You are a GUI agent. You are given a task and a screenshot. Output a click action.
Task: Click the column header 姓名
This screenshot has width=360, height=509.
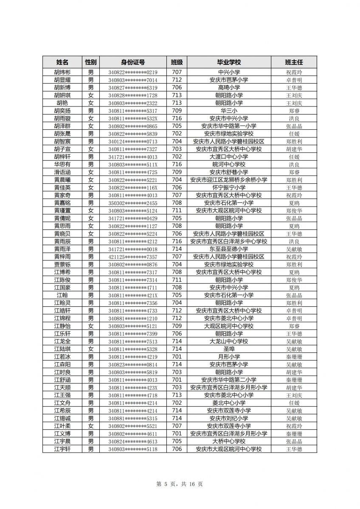click(62, 62)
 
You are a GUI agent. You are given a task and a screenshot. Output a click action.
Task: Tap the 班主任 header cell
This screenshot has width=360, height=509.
click(294, 62)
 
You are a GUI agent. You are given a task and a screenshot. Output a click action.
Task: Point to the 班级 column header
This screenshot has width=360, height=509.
click(177, 62)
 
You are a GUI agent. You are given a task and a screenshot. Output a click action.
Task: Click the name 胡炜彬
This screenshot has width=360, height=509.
click(62, 72)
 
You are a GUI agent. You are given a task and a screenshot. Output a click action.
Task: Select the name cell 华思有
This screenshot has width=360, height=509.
click(62, 165)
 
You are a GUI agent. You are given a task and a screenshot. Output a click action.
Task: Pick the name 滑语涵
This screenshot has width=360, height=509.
click(62, 172)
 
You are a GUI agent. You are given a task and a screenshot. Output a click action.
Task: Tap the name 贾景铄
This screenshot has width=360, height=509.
click(62, 264)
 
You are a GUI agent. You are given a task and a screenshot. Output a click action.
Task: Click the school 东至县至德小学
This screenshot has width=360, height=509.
click(229, 249)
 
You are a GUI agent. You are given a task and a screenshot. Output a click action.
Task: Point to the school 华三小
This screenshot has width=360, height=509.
click(229, 111)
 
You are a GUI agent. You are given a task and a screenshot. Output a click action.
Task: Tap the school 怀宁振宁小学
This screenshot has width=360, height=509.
click(229, 187)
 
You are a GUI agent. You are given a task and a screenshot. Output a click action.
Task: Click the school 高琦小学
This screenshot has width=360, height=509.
click(229, 87)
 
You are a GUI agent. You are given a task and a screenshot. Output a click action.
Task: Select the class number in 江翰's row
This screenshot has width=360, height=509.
click(177, 295)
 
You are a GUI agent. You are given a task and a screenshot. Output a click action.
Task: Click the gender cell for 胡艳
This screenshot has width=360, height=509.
click(90, 103)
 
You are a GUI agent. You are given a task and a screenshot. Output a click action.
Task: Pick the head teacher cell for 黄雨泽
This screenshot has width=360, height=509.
click(294, 249)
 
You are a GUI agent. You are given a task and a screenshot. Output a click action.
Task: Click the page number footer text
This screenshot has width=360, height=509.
click(180, 484)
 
